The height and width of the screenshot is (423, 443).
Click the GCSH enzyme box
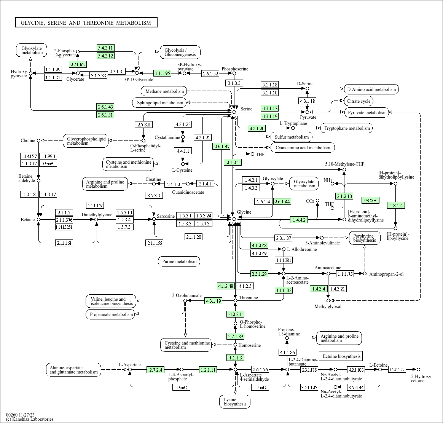pyautogui.click(x=370, y=200)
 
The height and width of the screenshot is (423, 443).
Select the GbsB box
pyautogui.click(x=48, y=163)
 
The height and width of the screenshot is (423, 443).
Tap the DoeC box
pyautogui.click(x=182, y=387)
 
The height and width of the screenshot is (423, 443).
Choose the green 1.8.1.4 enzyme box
pyautogui.click(x=396, y=206)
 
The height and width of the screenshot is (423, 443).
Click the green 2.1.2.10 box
pyautogui.click(x=344, y=196)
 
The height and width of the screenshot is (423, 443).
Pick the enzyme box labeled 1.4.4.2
pyautogui.click(x=299, y=220)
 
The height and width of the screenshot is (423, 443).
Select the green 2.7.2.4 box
pyautogui.click(x=156, y=370)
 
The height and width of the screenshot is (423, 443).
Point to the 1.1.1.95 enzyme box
pyautogui.click(x=163, y=73)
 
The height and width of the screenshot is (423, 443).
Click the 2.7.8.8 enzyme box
pyautogui.click(x=144, y=125)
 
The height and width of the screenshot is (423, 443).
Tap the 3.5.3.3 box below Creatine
pyautogui.click(x=154, y=195)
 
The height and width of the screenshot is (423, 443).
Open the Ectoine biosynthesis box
pyautogui.click(x=341, y=356)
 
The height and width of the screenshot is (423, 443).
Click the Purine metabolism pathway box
pyautogui.click(x=179, y=261)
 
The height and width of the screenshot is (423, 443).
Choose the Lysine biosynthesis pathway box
pyautogui.click(x=235, y=402)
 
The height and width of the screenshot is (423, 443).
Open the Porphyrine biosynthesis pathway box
pyautogui.click(x=365, y=238)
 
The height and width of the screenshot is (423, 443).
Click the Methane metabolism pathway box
pyautogui.click(x=164, y=91)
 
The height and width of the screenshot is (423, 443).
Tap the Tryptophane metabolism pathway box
pyautogui.click(x=347, y=128)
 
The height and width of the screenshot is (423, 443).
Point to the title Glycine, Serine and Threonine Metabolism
pyautogui.click(x=86, y=22)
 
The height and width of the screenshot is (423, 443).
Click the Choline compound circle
pyautogui.click(x=39, y=140)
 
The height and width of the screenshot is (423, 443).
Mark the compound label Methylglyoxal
pyautogui.click(x=328, y=306)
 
